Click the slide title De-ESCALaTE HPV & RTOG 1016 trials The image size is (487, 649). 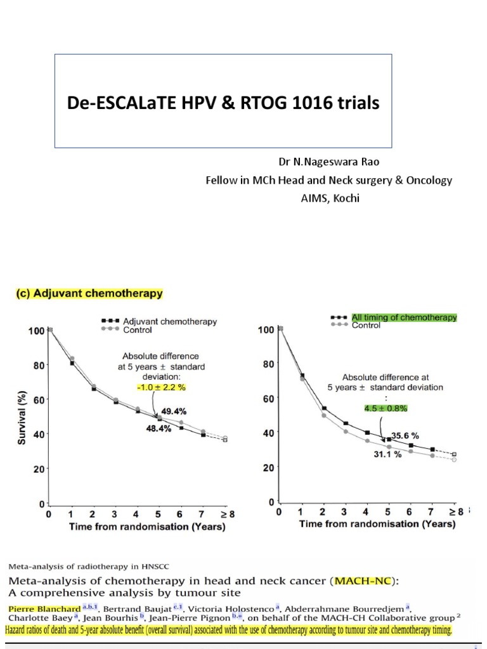(x=223, y=103)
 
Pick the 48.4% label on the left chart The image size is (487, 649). (x=159, y=428)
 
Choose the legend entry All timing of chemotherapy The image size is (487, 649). (x=404, y=318)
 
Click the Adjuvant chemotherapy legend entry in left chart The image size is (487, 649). (x=170, y=321)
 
